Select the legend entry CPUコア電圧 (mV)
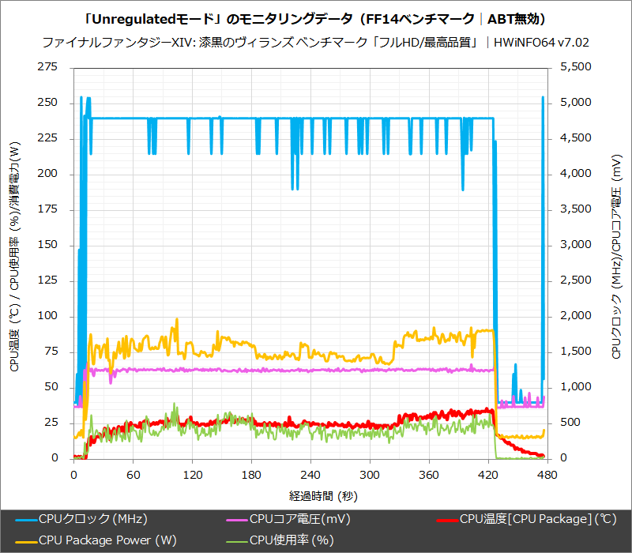[300, 519]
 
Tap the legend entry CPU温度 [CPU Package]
[538, 519]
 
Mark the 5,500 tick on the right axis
[574, 68]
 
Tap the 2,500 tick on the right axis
[574, 280]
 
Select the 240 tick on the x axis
[310, 475]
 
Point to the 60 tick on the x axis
[133, 475]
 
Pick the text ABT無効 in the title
[517, 18]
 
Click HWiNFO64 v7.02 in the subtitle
[541, 42]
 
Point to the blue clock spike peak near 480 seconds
[543, 97]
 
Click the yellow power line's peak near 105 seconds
[177, 319]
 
